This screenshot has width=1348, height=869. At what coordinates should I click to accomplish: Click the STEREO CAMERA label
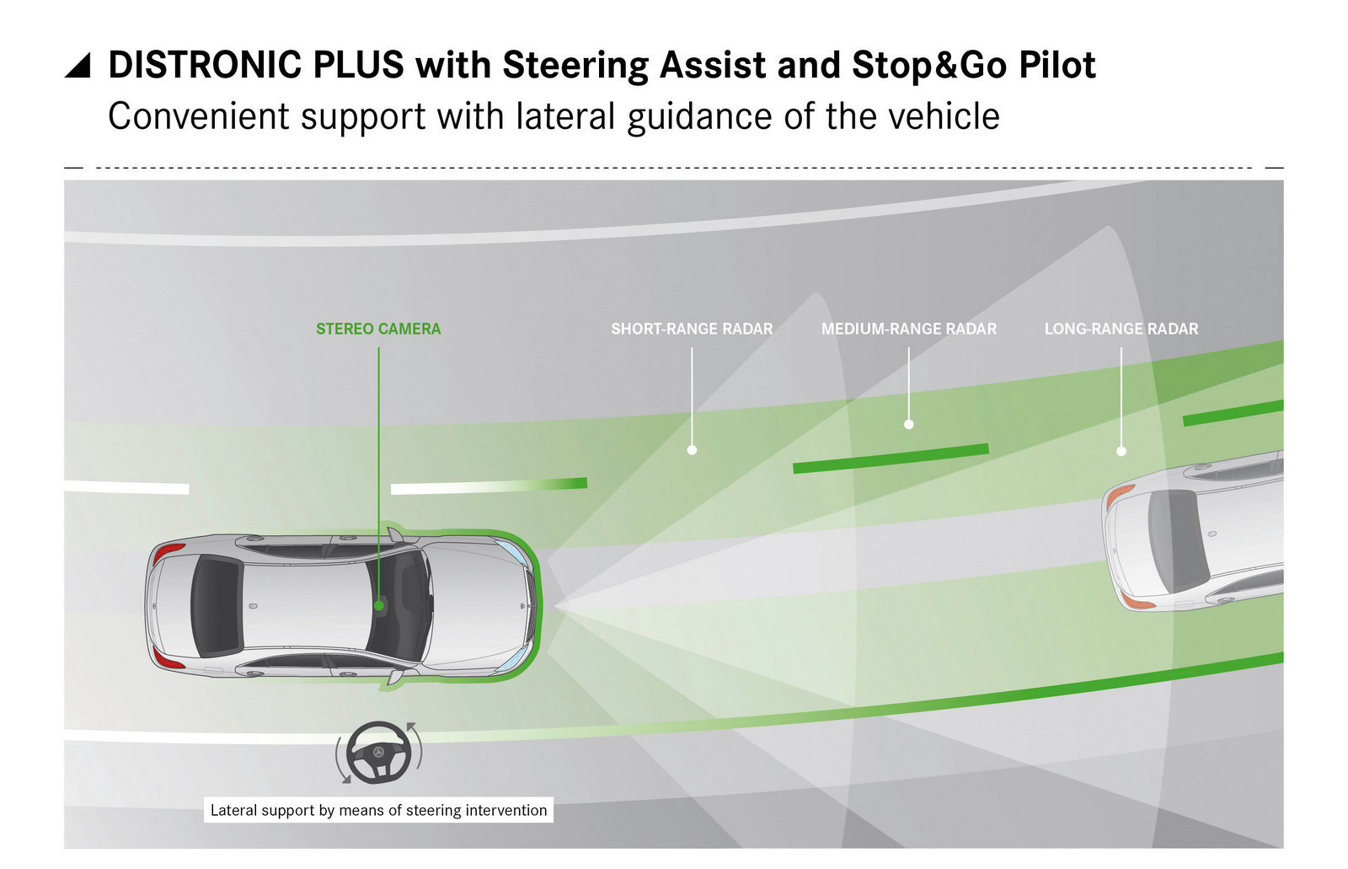[x=378, y=329]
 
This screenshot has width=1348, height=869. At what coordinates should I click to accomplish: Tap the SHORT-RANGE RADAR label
[x=692, y=329]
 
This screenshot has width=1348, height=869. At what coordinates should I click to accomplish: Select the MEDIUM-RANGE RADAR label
[x=909, y=329]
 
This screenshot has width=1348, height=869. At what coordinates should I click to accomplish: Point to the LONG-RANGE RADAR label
[x=1121, y=329]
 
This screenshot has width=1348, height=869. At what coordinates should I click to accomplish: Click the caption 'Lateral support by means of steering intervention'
[x=378, y=810]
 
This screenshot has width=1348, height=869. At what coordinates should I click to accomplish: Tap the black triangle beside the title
[x=78, y=66]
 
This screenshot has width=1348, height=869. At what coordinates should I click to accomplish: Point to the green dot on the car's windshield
[x=379, y=605]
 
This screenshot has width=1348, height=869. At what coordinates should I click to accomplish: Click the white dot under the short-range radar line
[x=692, y=450]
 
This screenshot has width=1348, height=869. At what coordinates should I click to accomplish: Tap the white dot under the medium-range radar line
[x=909, y=425]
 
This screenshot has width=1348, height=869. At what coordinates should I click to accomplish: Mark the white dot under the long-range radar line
[x=1121, y=451]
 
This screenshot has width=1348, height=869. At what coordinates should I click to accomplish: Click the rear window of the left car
[x=216, y=606]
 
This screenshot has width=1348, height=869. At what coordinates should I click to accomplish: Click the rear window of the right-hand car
[x=1177, y=539]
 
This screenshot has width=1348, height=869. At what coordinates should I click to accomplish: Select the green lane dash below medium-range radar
[x=891, y=458]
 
